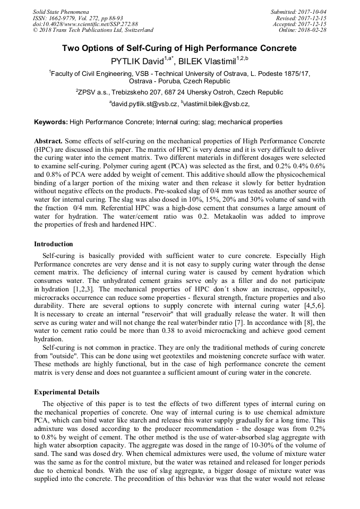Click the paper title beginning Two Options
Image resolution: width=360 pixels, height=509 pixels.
pyautogui.click(x=179, y=48)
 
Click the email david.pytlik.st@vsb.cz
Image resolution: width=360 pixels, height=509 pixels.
pyautogui.click(x=144, y=105)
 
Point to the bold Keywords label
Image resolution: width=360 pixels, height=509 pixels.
pyautogui.click(x=51, y=122)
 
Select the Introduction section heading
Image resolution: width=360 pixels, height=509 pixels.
pyautogui.click(x=54, y=244)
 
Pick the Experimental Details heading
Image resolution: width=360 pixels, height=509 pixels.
pyautogui.click(x=66, y=392)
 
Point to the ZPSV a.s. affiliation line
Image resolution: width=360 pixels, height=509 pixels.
pyautogui.click(x=179, y=92)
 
